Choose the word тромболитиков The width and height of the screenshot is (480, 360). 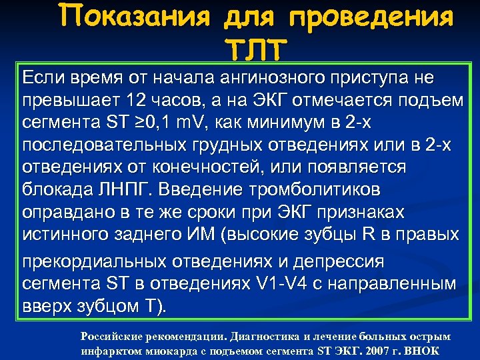[x=315, y=190]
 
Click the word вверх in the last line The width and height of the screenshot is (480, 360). [x=47, y=306]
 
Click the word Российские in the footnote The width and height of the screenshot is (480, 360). [x=112, y=337]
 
